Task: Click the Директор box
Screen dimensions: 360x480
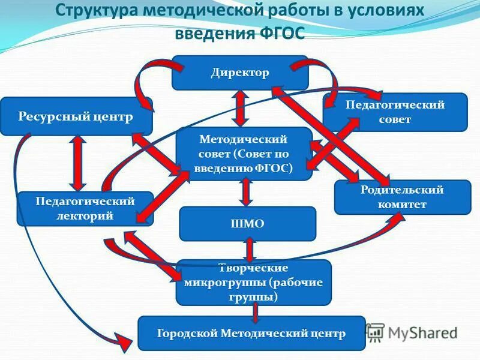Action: click(240, 73)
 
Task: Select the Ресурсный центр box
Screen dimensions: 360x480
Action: click(76, 116)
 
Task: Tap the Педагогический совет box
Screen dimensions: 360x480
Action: click(395, 112)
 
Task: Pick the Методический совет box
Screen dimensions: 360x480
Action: click(244, 154)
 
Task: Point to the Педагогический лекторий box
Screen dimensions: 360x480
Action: click(85, 208)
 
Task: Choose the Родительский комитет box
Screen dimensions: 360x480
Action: click(402, 197)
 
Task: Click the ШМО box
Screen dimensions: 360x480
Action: click(247, 224)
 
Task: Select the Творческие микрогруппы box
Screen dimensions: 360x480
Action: click(253, 282)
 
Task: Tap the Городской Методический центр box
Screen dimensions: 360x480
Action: click(251, 333)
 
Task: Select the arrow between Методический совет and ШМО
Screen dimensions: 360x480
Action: click(245, 192)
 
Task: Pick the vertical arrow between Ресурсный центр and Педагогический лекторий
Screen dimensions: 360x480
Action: click(77, 162)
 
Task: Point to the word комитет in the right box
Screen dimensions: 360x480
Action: click(402, 205)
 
